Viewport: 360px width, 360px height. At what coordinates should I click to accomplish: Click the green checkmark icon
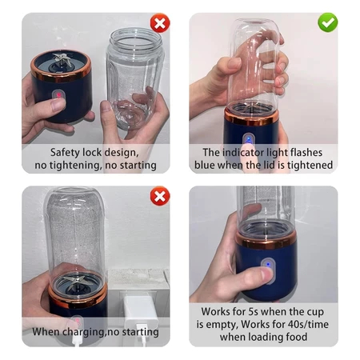coord(328,22)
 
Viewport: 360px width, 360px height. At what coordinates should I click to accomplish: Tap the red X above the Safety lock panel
coord(160,23)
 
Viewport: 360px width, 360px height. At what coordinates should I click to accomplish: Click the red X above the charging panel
coord(160,196)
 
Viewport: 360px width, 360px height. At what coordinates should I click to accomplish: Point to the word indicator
coord(243,152)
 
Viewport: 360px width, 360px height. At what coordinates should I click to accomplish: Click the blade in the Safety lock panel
coord(62,60)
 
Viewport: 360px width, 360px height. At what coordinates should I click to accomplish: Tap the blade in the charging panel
coord(78,282)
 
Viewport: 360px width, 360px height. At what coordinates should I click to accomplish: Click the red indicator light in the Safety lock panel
coord(58,95)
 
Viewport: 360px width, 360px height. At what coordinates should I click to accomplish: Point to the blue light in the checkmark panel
coord(249,139)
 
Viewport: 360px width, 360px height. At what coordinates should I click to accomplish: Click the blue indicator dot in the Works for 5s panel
coord(268,265)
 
